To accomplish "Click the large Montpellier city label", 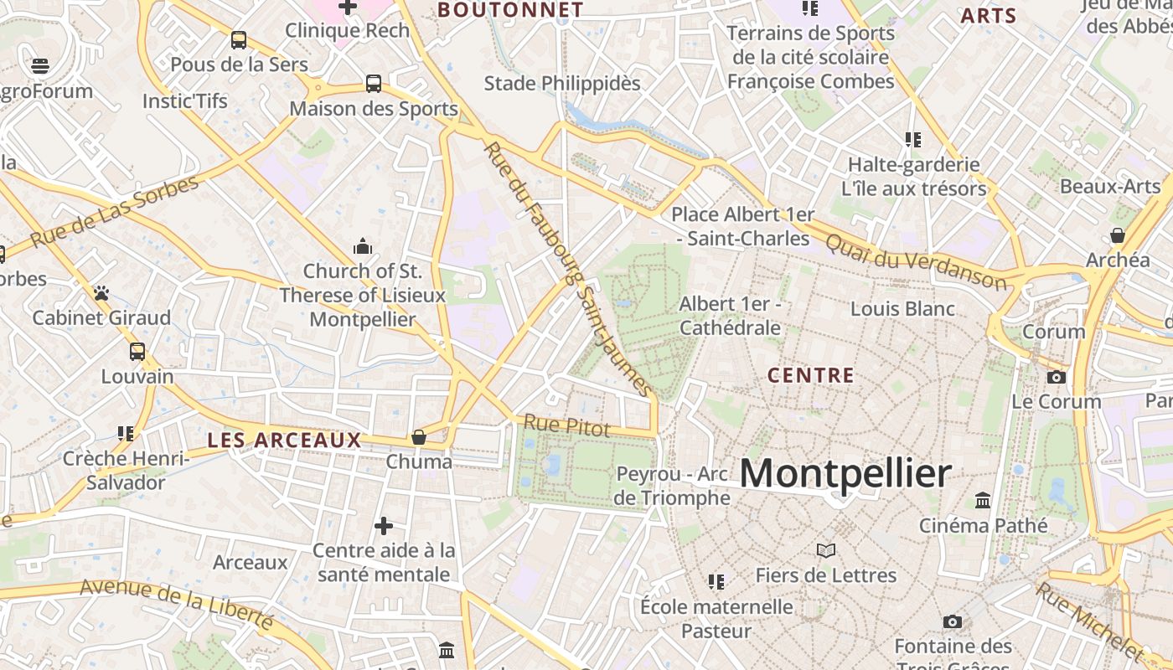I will [x=845, y=474].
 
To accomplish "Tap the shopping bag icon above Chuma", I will [x=419, y=436].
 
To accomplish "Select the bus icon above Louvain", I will [x=137, y=352].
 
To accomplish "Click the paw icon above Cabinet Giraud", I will [x=101, y=293].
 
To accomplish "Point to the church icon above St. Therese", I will [x=363, y=246].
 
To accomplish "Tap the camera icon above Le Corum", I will [x=1057, y=377].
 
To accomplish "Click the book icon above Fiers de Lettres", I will [x=826, y=550].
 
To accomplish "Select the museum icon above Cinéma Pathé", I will [x=983, y=501].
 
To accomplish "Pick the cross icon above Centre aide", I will [x=384, y=526].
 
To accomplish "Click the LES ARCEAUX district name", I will [x=284, y=440].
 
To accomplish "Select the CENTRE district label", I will [x=811, y=375].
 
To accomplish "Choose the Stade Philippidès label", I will [x=562, y=84].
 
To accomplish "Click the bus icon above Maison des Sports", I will [x=374, y=84].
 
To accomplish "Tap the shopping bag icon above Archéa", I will [x=1118, y=235].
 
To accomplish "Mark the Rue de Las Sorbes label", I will [x=116, y=213].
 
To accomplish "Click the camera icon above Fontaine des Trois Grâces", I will [x=952, y=621].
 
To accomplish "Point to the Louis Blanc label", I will [x=902, y=308].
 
